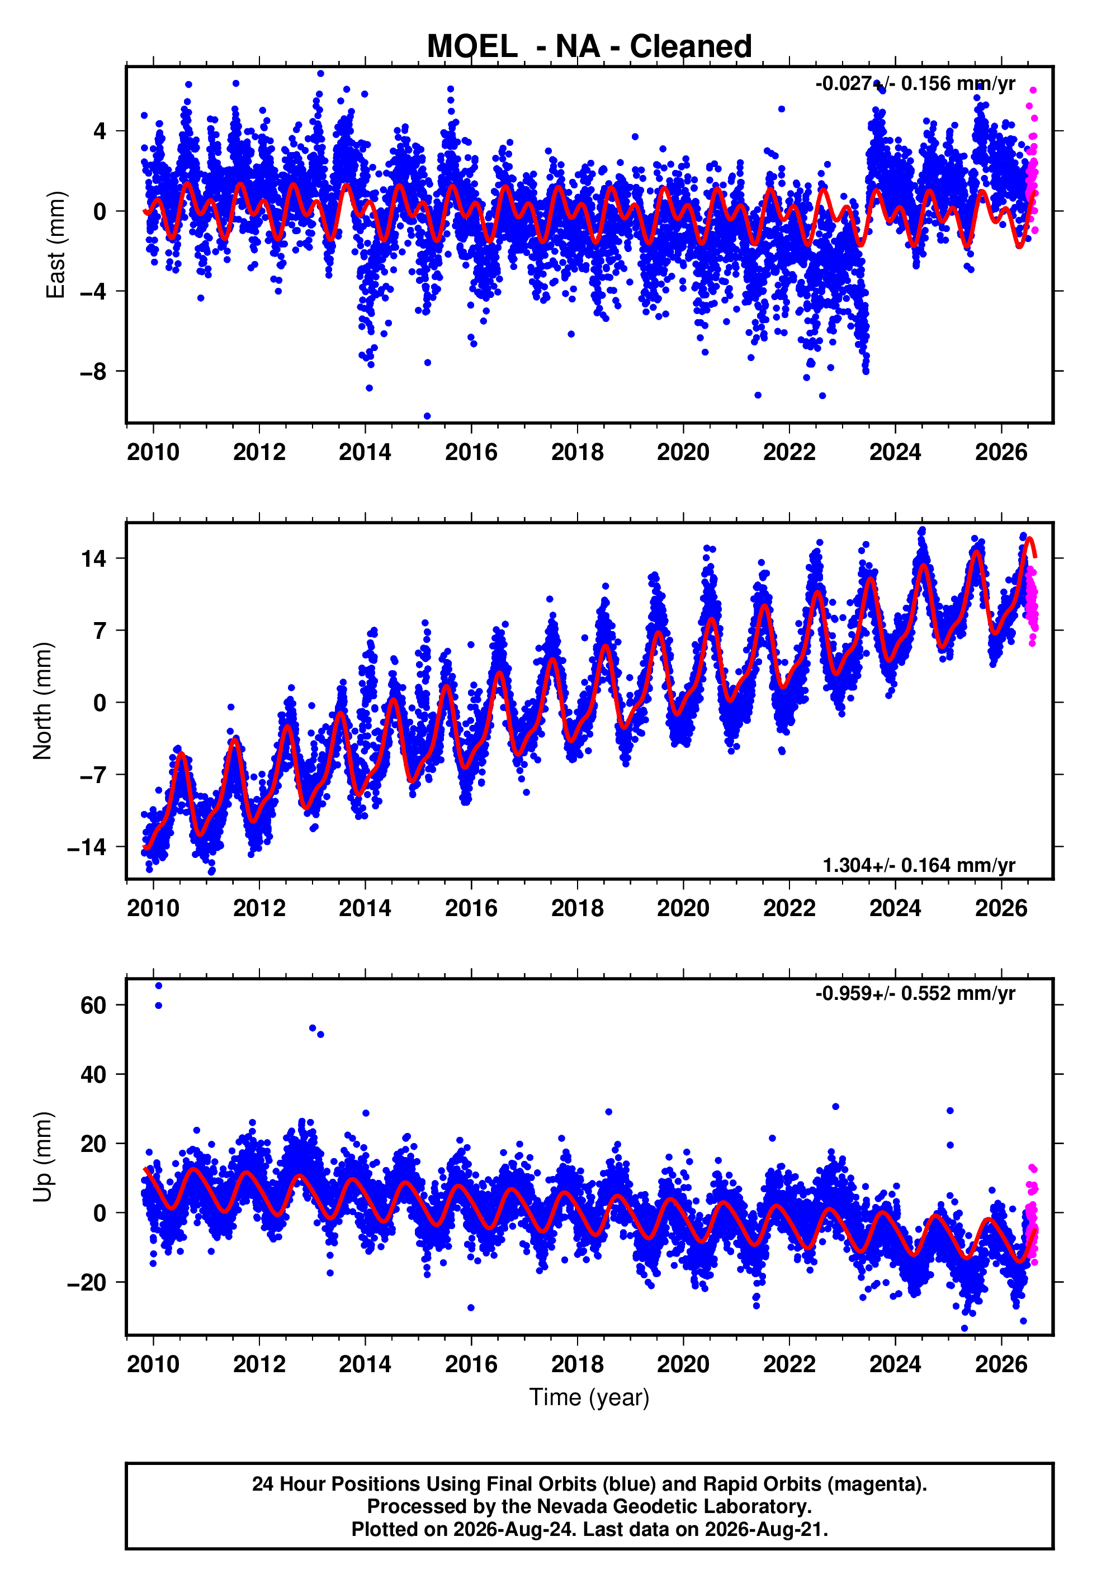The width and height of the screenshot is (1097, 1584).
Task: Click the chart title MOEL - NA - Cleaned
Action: point(589,47)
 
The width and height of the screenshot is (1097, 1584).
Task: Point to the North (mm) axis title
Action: point(42,701)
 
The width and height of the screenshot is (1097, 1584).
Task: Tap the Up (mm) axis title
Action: point(42,1157)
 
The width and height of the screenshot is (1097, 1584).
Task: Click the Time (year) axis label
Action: point(589,1398)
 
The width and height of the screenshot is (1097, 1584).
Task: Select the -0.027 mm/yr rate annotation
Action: point(915,84)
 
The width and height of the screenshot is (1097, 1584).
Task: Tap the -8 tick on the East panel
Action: point(93,372)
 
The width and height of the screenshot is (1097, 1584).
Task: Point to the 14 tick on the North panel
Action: point(94,558)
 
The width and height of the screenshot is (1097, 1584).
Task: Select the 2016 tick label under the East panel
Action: point(471,452)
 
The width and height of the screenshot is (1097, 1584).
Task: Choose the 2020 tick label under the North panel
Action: point(683,908)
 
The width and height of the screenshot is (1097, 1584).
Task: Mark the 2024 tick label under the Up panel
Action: point(895,1364)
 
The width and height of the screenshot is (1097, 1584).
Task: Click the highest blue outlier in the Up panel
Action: point(159,986)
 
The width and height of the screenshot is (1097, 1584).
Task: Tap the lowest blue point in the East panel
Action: point(428,416)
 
